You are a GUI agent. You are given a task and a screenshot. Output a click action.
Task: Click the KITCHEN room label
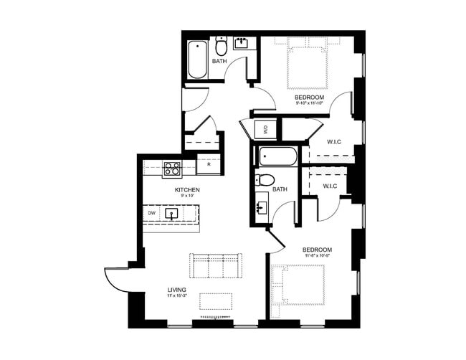coord(186,190)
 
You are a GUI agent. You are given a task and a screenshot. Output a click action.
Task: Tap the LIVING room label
coord(176,290)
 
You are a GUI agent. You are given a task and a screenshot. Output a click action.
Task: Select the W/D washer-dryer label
coord(264,130)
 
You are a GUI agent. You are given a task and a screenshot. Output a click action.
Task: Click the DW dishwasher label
coord(152,213)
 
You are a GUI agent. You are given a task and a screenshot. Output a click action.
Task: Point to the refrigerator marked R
coord(208,165)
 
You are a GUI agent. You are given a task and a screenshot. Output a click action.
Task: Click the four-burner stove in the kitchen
coord(171,169)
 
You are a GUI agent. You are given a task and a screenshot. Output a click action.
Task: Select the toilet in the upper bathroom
coord(222,47)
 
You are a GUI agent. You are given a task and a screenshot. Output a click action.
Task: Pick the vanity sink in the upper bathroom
coord(240,44)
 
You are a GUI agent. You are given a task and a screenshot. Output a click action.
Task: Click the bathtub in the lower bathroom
coord(275,156)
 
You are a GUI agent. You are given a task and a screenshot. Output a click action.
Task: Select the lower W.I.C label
coord(330,186)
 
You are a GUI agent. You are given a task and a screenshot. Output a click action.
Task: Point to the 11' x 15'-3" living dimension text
coord(176,296)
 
